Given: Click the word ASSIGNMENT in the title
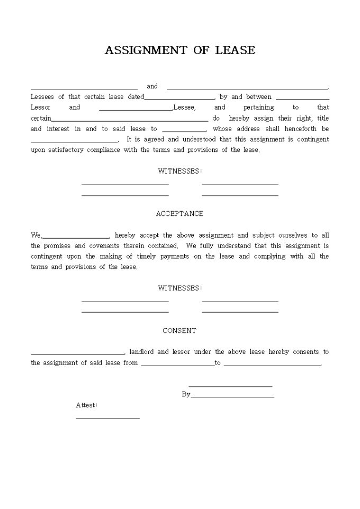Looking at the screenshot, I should tap(146, 50).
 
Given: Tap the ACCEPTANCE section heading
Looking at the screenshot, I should tap(179, 214).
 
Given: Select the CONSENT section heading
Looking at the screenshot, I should tap(179, 331).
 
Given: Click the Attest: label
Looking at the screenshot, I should tap(86, 405).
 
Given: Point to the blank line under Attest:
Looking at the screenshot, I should tap(107, 418).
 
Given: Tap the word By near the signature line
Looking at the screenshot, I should tap(186, 394).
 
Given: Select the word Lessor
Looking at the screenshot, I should tap(41, 107).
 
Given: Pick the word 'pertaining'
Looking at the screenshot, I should tap(259, 107).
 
